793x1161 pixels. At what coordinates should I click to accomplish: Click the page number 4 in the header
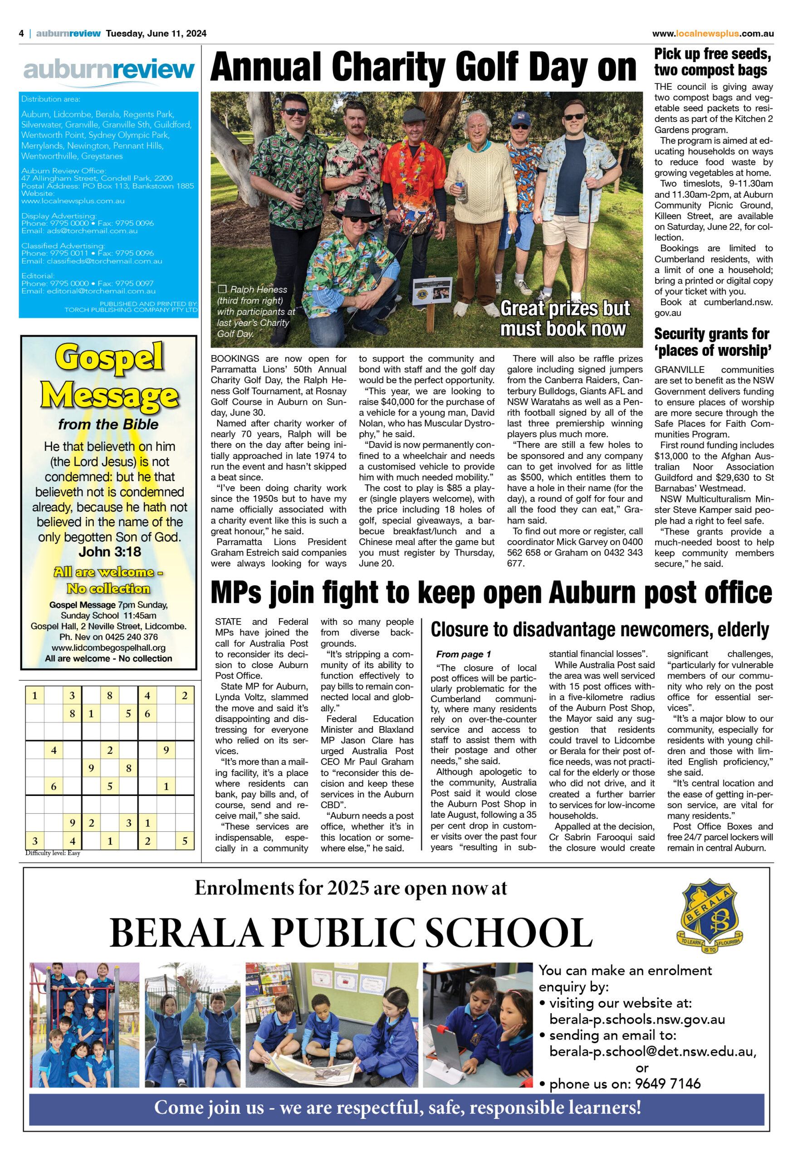click(21, 34)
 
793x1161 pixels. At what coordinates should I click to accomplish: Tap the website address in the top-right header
click(713, 34)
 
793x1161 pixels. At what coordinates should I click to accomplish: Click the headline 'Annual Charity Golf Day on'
click(423, 68)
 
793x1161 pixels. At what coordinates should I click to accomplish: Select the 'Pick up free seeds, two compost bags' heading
click(713, 62)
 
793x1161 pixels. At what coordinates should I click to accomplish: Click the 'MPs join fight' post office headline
click(491, 593)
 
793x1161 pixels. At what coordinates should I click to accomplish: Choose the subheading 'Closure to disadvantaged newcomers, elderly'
click(600, 630)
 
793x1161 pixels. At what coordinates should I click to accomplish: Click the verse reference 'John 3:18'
click(109, 552)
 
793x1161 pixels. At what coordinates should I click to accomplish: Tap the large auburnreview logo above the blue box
click(108, 70)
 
